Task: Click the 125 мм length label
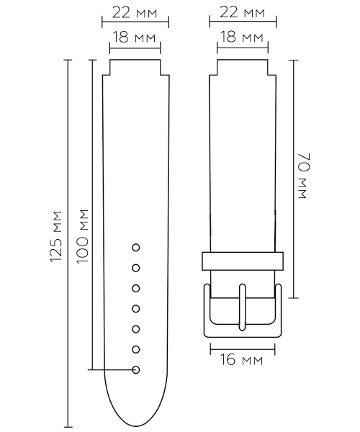[56, 237]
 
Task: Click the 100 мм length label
[82, 237]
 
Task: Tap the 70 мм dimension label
[304, 175]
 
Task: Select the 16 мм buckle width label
[242, 359]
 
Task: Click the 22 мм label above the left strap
[135, 13]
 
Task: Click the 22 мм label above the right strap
[242, 13]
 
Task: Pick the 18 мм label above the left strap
[135, 37]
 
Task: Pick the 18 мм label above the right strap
[242, 37]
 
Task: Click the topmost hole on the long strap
[136, 248]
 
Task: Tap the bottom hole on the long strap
[136, 370]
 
